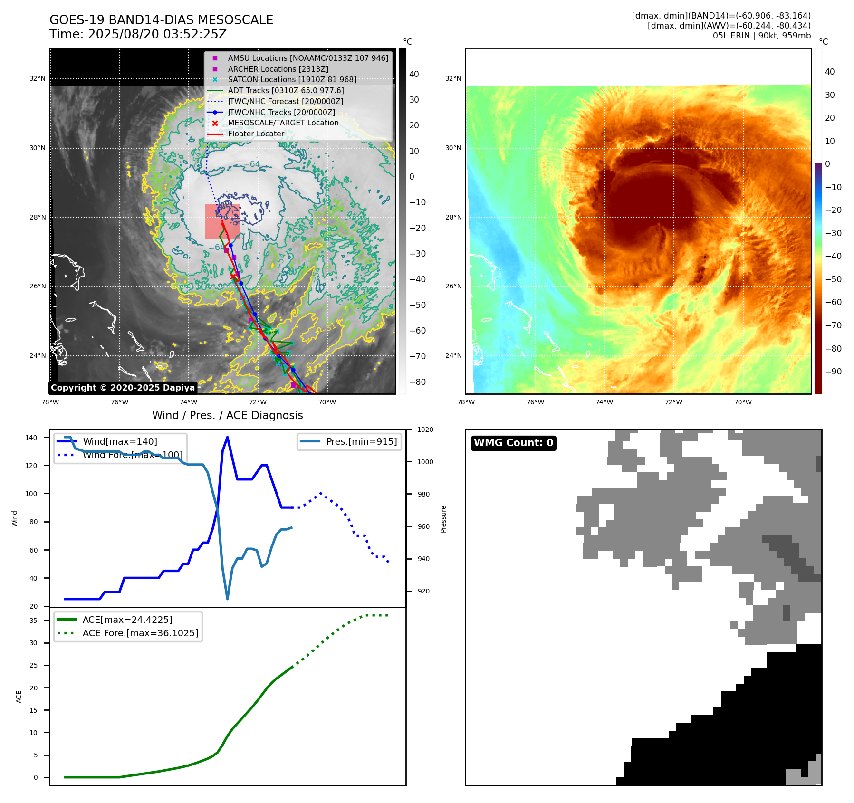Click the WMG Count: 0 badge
[513, 443]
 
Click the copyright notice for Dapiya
[123, 388]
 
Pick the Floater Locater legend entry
[256, 134]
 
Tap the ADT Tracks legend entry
[286, 90]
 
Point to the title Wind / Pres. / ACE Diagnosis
[227, 415]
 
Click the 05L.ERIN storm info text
[761, 36]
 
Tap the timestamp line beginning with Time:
[138, 34]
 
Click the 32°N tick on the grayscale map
[38, 79]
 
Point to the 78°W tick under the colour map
[465, 402]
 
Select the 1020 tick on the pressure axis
[425, 430]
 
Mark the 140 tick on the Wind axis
[31, 438]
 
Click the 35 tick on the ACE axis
[33, 621]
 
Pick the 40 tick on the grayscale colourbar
[414, 74]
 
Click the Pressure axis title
[443, 519]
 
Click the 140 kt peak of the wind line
[227, 437]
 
